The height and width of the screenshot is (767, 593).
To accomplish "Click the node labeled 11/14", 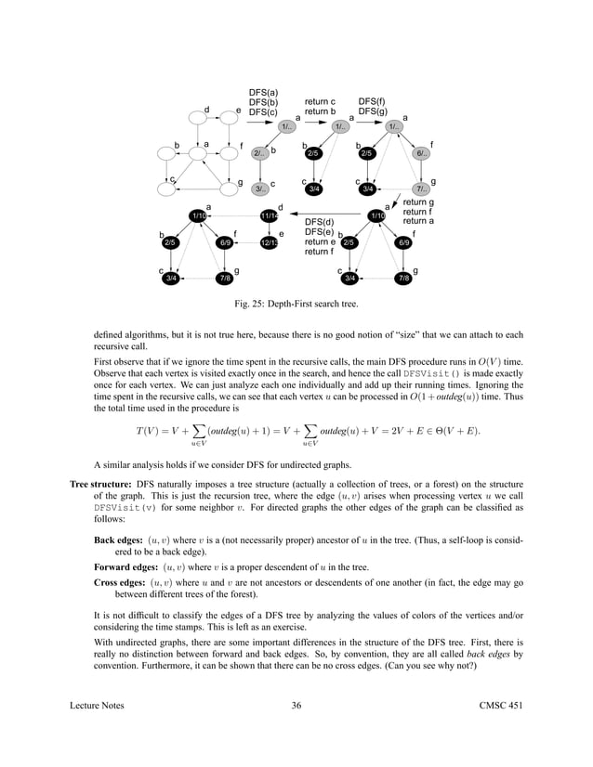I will [269, 216].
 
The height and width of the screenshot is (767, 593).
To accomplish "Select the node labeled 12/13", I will [269, 243].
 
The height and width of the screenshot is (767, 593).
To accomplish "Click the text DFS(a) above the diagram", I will [263, 93].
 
